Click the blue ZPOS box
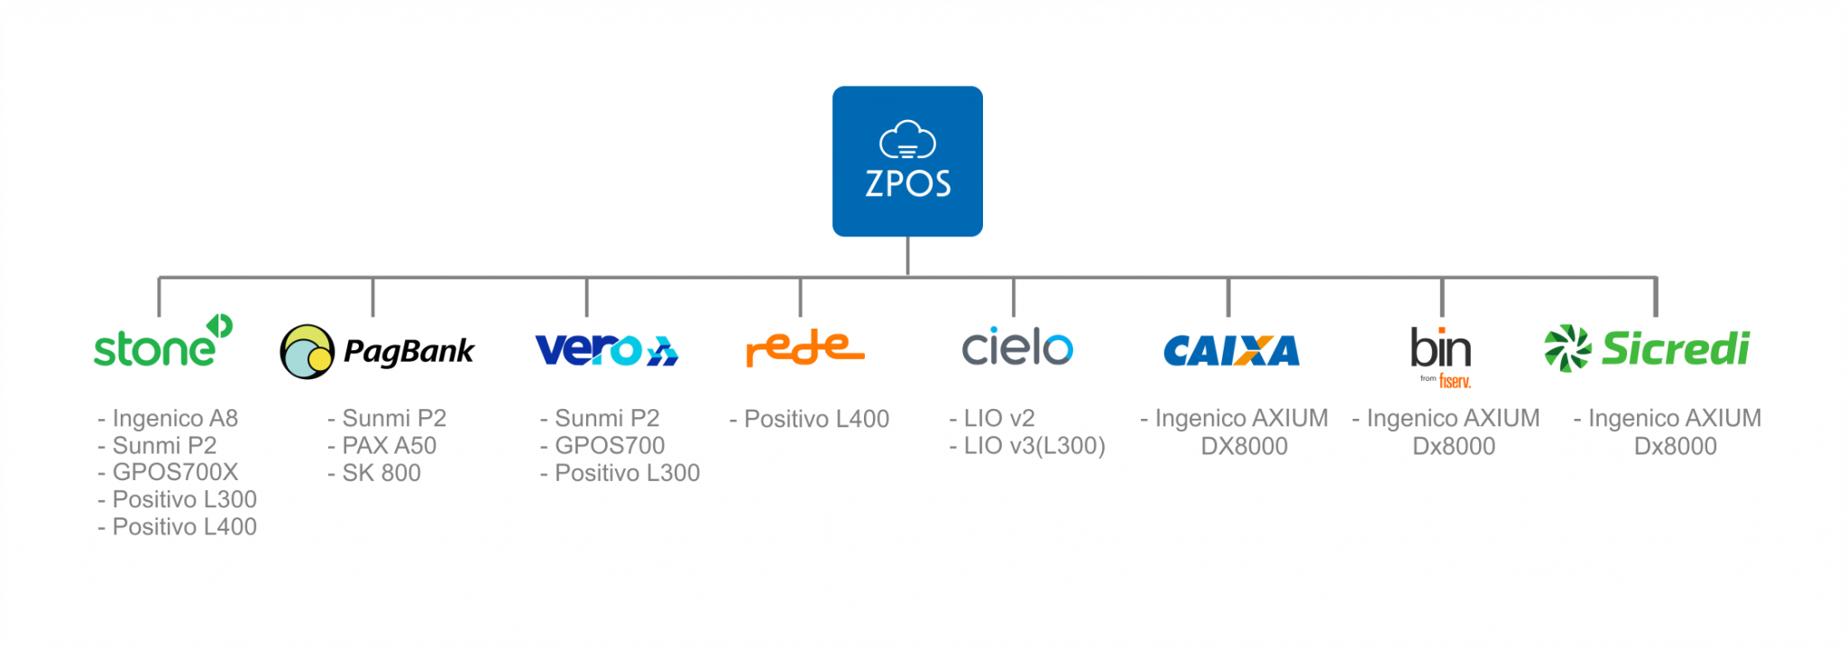[x=907, y=162]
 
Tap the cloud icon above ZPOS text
[x=907, y=140]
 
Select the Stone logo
[x=163, y=341]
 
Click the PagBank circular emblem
[x=308, y=352]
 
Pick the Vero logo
[x=606, y=350]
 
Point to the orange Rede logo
[x=804, y=348]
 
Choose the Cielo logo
[x=1017, y=347]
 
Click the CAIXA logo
[x=1231, y=351]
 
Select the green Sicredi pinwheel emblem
[x=1567, y=348]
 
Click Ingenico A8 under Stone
[x=168, y=418]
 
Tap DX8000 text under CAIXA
[x=1245, y=446]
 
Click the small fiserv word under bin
[x=1455, y=381]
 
